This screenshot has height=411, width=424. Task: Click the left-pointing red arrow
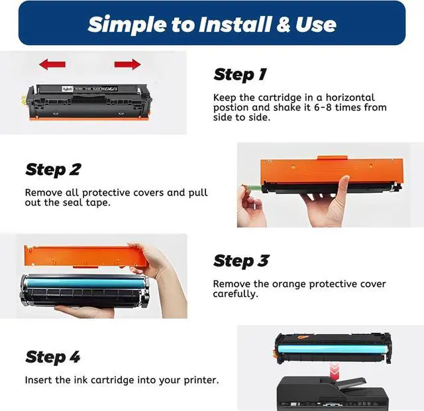coord(52,64)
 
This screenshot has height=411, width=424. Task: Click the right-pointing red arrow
coord(127,64)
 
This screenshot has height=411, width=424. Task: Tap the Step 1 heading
coord(240,74)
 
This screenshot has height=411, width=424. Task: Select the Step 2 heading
coord(53,170)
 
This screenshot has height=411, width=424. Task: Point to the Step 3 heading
coord(241,261)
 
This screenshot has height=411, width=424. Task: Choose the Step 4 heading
coord(53,357)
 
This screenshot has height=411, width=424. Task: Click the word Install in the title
coord(235,25)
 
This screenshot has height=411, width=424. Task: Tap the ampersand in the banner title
coord(283,25)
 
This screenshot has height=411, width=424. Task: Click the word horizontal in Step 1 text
coord(350,97)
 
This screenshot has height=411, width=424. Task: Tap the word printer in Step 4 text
coord(201,380)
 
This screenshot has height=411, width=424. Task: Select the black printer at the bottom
coord(333,394)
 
